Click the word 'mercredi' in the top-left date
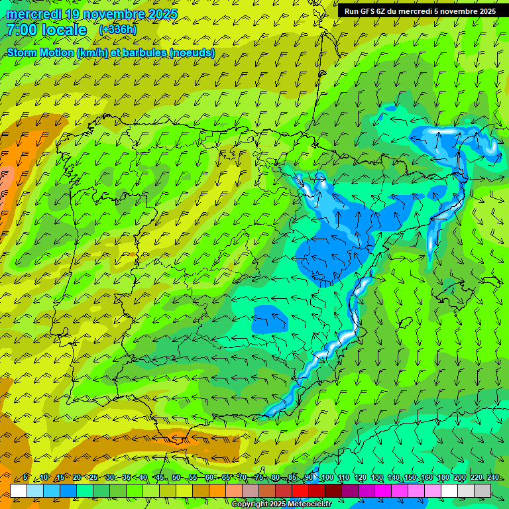tap(33, 14)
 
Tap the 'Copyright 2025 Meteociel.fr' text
tap(281, 504)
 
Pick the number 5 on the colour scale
tap(25, 478)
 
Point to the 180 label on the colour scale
tap(441, 478)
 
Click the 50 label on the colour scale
tap(176, 478)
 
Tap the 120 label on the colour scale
tap(360, 478)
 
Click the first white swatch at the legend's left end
tap(19, 490)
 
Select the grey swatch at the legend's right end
tap(482, 490)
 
